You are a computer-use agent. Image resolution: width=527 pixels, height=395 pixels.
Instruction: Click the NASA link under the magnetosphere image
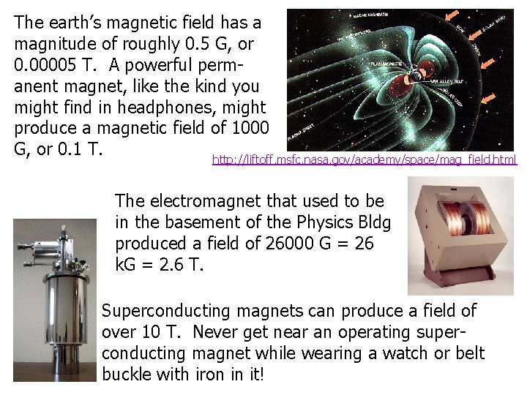tap(364, 159)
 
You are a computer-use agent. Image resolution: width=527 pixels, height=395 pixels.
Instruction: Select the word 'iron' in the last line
tap(210, 375)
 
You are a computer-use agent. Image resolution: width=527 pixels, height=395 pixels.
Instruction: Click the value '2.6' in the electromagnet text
tap(167, 264)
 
